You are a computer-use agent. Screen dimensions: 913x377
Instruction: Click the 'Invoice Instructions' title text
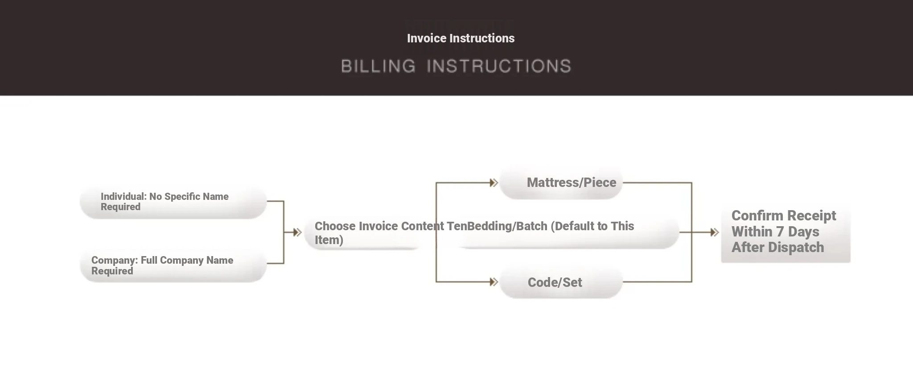[x=461, y=38]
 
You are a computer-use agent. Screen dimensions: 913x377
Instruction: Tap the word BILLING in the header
[x=378, y=66]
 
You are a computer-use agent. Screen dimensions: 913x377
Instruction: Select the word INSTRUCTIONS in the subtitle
[x=499, y=66]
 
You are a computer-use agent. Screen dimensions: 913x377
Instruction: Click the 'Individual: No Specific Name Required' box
[x=173, y=202]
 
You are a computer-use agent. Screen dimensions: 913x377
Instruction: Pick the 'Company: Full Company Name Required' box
[x=173, y=265]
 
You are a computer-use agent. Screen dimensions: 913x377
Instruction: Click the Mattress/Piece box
[x=561, y=182]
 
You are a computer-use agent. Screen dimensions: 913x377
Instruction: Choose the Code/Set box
[x=561, y=282]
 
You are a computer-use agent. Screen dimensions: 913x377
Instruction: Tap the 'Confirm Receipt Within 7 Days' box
[x=786, y=232]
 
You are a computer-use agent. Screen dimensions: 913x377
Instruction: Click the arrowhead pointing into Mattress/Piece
[x=494, y=182]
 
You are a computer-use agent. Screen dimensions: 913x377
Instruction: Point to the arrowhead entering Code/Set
[x=494, y=282]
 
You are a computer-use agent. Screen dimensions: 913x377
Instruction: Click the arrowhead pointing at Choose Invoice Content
[x=297, y=232]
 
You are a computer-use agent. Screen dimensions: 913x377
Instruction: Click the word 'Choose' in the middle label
[x=335, y=226]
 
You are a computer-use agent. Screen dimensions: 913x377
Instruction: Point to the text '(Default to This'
[x=592, y=226]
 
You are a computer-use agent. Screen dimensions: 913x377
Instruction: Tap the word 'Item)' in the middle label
[x=329, y=240]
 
